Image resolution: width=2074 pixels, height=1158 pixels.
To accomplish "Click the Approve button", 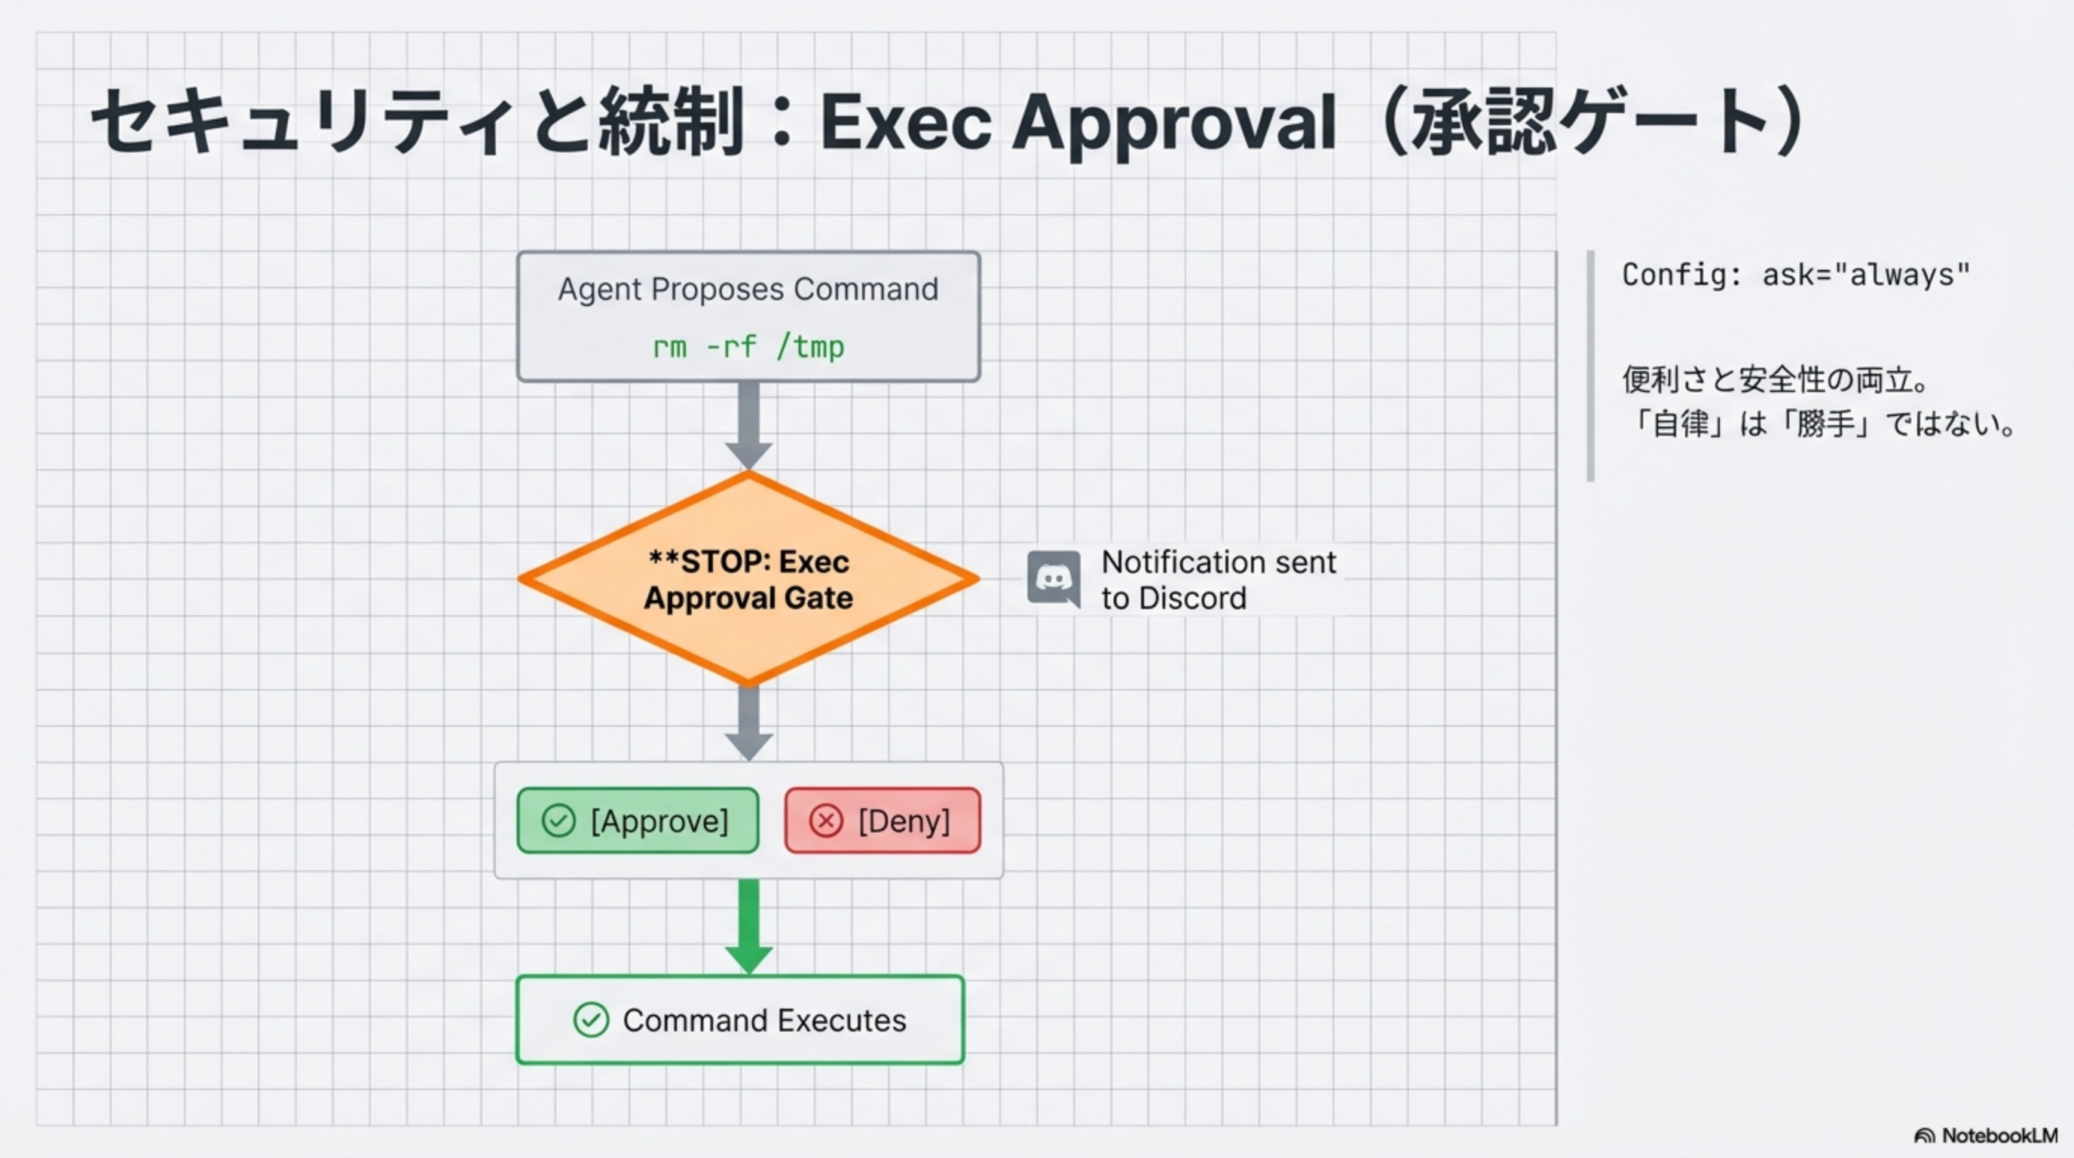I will click(638, 820).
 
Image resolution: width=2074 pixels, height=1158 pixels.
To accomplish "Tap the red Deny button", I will click(883, 820).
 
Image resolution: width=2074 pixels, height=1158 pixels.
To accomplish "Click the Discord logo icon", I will click(1053, 579).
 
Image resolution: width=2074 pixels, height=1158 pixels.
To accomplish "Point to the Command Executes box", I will click(740, 1020).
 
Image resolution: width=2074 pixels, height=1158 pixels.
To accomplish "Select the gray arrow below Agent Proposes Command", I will click(749, 424).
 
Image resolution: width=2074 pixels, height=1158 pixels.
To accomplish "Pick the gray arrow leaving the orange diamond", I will click(749, 721).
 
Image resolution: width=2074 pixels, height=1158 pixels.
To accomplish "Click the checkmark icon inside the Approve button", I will click(558, 820).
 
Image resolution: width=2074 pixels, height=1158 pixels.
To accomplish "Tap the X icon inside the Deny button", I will click(825, 820).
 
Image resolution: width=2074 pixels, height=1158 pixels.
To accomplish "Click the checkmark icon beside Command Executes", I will click(591, 1020).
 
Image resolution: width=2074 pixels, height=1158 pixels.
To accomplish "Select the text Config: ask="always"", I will click(1795, 275).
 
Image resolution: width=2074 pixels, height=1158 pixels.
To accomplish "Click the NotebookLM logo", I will click(1985, 1135).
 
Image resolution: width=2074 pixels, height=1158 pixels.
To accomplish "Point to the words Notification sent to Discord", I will click(1217, 580).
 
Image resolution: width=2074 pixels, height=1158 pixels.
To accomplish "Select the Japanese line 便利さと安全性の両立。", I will click(1776, 379).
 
